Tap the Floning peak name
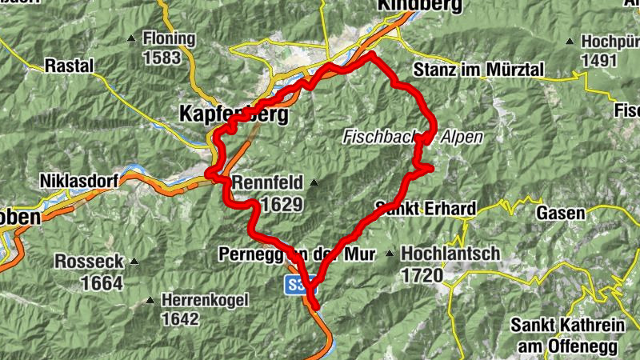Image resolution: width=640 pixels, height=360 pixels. [x=169, y=38]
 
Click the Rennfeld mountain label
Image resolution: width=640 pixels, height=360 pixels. [x=265, y=183]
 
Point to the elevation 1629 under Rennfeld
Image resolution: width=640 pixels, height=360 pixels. [x=282, y=204]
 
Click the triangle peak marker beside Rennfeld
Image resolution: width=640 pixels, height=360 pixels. [x=313, y=183]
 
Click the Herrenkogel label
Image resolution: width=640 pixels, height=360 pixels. [x=205, y=300]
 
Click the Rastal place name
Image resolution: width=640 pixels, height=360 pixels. [x=70, y=65]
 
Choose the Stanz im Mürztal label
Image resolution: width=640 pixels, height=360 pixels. [x=478, y=71]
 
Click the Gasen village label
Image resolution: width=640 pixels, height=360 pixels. [x=561, y=213]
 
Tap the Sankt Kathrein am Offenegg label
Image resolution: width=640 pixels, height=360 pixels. [x=564, y=334]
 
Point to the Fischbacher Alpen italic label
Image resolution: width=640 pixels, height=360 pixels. [x=412, y=137]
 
